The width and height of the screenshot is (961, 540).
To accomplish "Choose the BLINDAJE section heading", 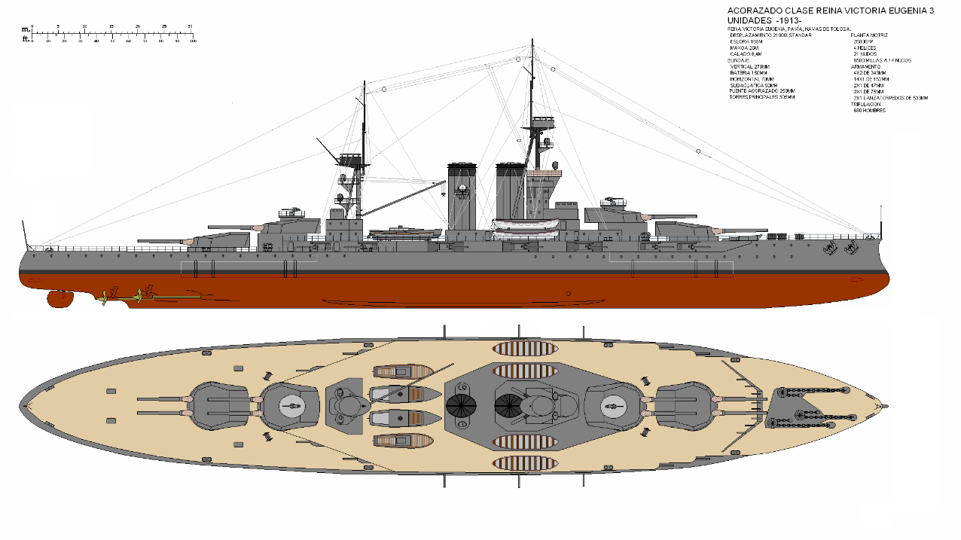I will (x=738, y=60).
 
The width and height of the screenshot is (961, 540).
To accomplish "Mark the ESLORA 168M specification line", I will (x=746, y=41).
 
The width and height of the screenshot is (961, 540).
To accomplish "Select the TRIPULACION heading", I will (x=865, y=105).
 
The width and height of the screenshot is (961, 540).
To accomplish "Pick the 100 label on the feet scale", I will (x=193, y=41).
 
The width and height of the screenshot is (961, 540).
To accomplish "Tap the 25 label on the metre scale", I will (x=163, y=26).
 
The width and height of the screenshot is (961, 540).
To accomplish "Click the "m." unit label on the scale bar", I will (x=26, y=29).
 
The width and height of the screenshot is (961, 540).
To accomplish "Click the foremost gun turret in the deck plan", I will (x=684, y=405).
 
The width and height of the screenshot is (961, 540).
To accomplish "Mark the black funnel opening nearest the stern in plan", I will (x=461, y=405).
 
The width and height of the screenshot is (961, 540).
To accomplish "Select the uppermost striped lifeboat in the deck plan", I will (x=523, y=349).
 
